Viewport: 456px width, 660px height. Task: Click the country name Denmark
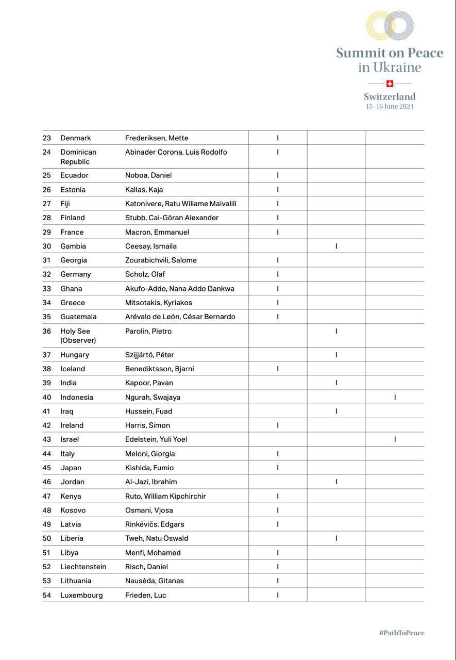pos(76,138)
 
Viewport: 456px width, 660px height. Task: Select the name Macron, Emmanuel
pos(157,232)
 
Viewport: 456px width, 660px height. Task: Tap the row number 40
pos(47,398)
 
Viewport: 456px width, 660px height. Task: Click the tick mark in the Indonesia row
pos(395,397)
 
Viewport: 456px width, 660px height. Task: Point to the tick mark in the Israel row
pos(395,439)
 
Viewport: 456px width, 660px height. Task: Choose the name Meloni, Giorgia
pos(150,454)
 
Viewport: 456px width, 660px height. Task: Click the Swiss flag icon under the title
pos(390,84)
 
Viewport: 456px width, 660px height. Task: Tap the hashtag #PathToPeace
pos(401,633)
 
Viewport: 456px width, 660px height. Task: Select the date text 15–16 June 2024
pos(390,107)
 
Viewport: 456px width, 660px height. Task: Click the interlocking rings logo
pos(390,26)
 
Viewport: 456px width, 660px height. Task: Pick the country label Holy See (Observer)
pos(78,336)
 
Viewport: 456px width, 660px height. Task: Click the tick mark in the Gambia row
pos(336,246)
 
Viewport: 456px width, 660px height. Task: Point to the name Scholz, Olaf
pos(145,274)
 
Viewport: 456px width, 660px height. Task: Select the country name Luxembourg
pos(81,595)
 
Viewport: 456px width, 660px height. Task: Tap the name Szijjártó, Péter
pos(149,355)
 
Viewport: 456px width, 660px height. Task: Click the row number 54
pos(47,595)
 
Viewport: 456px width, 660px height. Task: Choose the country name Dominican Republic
pos(78,157)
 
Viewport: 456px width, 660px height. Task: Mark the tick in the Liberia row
pos(336,538)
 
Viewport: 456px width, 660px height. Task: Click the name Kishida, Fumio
pos(149,468)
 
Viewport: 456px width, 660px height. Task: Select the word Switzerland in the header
pos(390,96)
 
